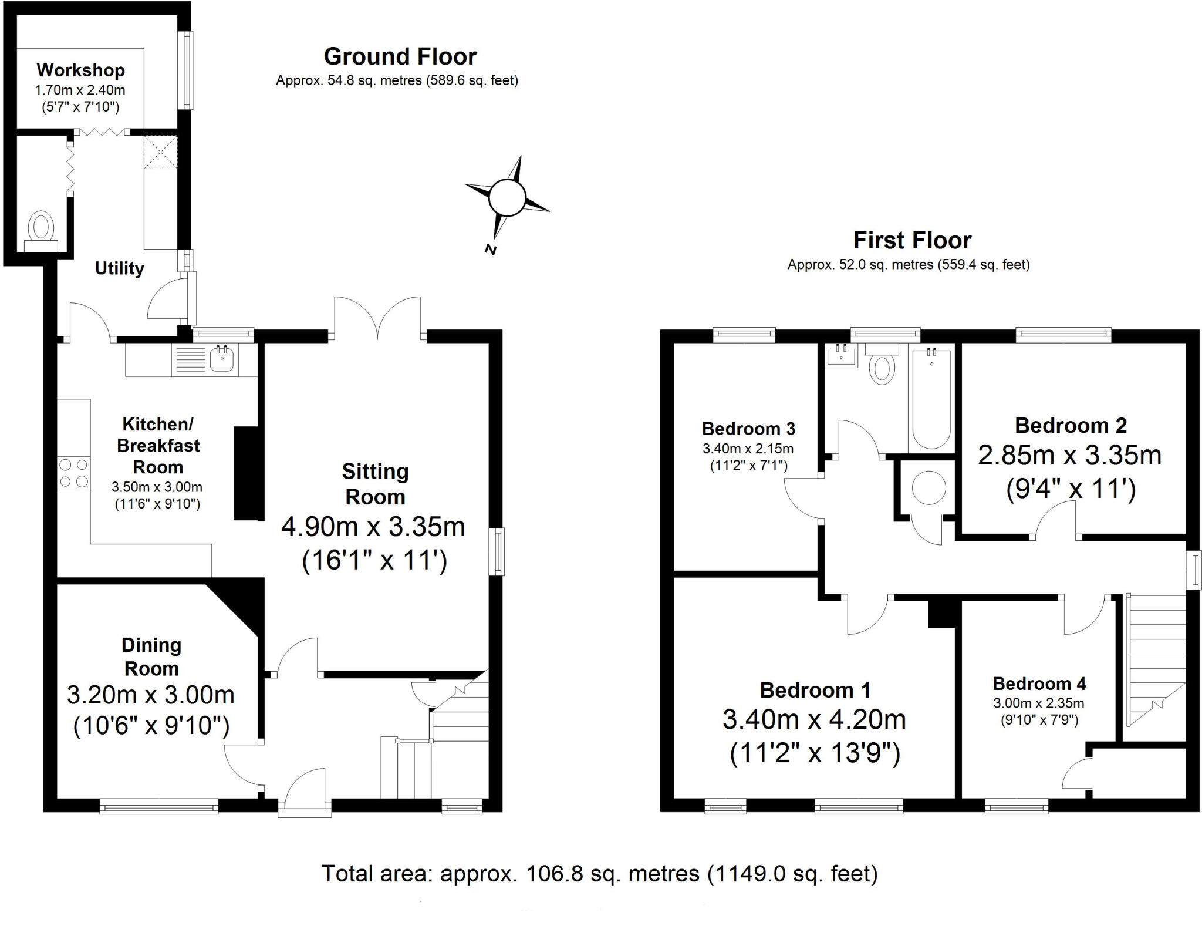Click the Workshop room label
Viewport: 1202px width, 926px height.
[x=80, y=70]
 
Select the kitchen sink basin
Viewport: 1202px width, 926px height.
[x=222, y=359]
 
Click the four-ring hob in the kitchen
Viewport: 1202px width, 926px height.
[x=74, y=473]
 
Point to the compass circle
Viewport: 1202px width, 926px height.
[x=506, y=197]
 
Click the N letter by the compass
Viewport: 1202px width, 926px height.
[x=491, y=250]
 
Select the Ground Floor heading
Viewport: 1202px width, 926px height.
[x=400, y=57]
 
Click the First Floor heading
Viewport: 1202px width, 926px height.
[x=911, y=241]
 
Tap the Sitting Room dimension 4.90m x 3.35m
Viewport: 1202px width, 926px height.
[x=373, y=527]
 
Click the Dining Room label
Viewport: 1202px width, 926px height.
[x=151, y=656]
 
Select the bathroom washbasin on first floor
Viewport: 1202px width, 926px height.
[x=841, y=355]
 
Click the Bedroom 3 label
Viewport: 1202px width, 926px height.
[x=748, y=429]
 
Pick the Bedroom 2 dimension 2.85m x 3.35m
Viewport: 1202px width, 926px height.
[x=1069, y=456]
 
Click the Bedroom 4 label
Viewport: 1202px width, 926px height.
[x=1039, y=683]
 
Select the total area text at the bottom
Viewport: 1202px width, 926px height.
[x=599, y=874]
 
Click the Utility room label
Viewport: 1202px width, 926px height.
[x=120, y=268]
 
